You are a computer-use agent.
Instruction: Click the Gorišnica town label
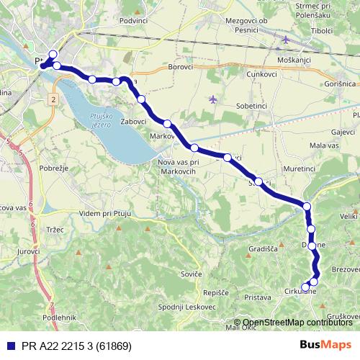336,84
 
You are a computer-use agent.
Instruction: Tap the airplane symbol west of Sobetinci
212,99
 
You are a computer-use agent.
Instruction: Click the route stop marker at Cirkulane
305,287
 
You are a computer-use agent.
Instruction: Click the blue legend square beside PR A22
9,346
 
